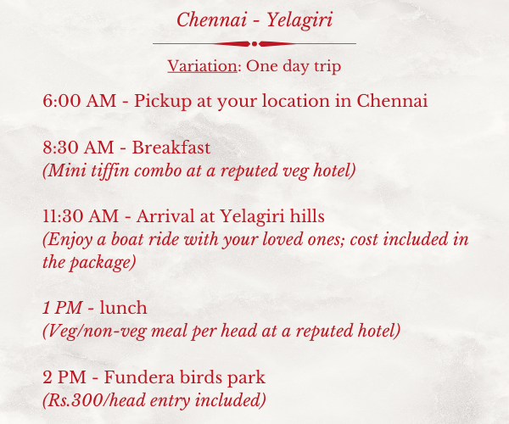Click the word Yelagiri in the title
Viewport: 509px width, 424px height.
click(x=299, y=21)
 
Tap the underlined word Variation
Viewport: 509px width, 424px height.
click(x=202, y=66)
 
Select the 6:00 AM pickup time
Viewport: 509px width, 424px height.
click(x=80, y=101)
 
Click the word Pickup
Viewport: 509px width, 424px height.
click(x=162, y=102)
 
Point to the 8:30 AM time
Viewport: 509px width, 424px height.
click(x=78, y=148)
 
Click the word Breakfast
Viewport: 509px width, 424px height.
click(x=171, y=148)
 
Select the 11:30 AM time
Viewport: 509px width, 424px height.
click(x=81, y=216)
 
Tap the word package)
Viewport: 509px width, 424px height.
click(x=103, y=263)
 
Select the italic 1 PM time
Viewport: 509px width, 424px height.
click(x=62, y=308)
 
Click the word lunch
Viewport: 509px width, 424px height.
click(x=123, y=308)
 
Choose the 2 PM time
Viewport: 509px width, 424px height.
click(x=64, y=377)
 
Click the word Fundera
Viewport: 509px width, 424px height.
click(x=139, y=377)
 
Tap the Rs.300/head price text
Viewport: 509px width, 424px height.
click(x=84, y=400)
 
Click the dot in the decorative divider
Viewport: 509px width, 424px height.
click(x=255, y=44)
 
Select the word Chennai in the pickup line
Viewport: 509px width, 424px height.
click(x=392, y=101)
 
